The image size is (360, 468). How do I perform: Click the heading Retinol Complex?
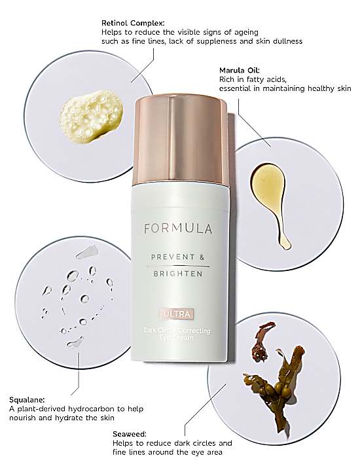pos(133,23)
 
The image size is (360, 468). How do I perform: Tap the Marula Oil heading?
pos(240,71)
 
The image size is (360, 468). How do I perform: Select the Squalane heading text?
pos(27,400)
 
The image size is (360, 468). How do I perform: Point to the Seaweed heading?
pos(130,434)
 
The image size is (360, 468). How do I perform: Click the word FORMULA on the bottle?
pos(178,228)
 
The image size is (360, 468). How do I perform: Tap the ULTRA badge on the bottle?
pos(177,314)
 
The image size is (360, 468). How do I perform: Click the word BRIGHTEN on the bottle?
pos(178,274)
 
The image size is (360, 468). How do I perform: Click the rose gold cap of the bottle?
pos(180,139)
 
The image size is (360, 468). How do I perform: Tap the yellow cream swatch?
pos(91,117)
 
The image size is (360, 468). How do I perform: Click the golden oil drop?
pos(271,202)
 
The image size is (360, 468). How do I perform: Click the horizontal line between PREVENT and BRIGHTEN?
pos(178,266)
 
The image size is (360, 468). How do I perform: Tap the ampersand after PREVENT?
pos(202,257)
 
